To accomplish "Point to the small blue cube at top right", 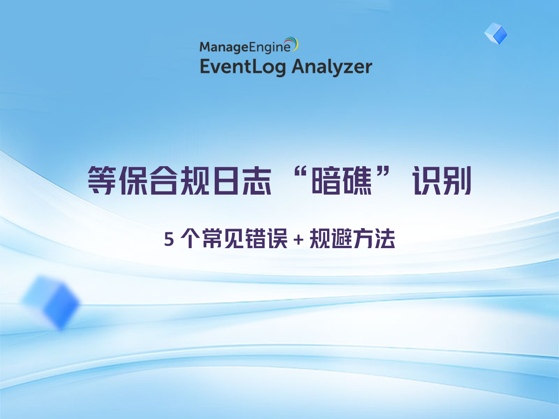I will coord(496,34).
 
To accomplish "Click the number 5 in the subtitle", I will coord(169,240).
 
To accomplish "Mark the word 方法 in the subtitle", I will coord(379,240).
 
